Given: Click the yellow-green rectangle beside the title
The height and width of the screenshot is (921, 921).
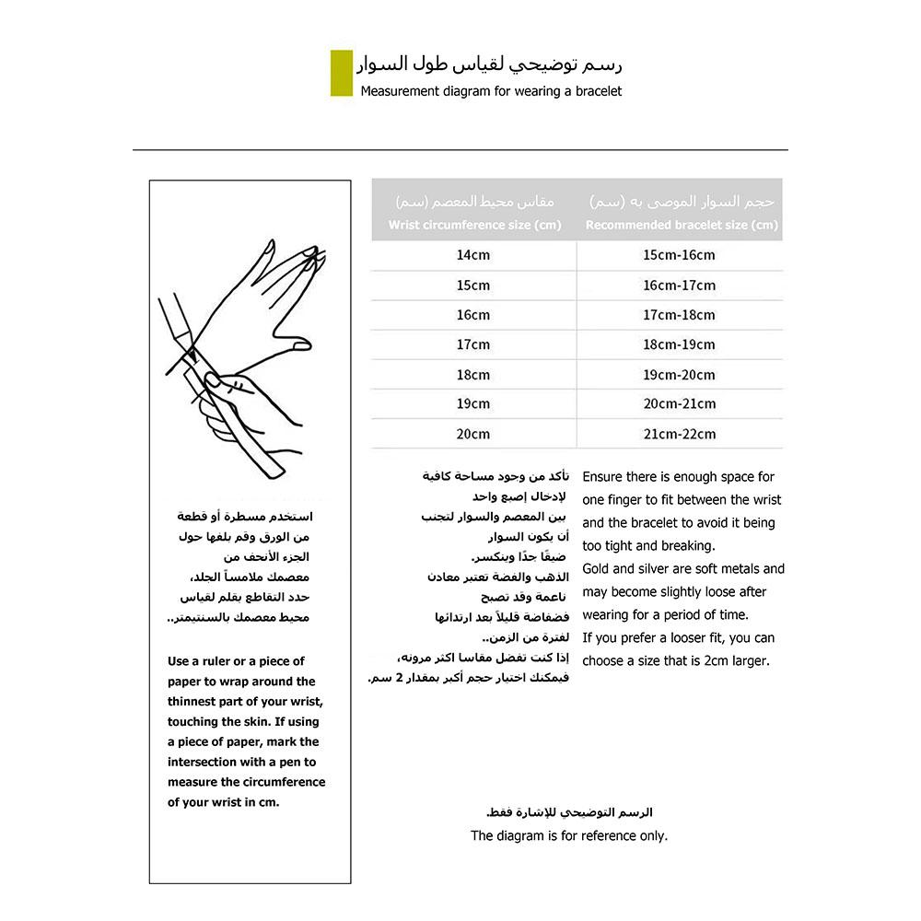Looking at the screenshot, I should (341, 74).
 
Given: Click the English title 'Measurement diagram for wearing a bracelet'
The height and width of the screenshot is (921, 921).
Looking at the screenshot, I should (491, 91).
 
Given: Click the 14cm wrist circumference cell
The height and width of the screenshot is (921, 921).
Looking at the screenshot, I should (473, 255).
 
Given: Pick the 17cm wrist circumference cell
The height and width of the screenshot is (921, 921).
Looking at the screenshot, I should (473, 344).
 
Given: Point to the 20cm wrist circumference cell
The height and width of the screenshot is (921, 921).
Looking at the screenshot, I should (473, 434).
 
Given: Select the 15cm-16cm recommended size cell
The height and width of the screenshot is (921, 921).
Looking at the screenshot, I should (679, 255).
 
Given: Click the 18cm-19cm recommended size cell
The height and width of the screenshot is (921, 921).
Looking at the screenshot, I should (679, 344).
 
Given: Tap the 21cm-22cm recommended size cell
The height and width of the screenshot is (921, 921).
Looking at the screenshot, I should (679, 434).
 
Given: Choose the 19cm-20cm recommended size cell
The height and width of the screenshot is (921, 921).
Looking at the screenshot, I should (679, 375).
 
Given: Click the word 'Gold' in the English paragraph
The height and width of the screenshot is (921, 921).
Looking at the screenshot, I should (596, 569).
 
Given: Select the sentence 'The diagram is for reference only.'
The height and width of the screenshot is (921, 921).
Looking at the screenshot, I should (569, 836).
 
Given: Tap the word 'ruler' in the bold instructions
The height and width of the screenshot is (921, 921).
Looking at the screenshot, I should (225, 661).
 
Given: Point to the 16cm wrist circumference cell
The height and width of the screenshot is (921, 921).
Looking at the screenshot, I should (473, 315).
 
